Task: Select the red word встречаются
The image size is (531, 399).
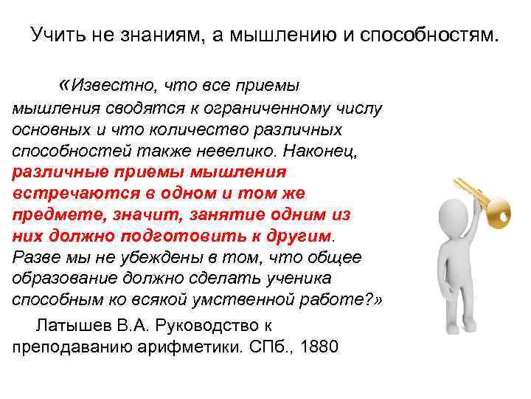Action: (65, 193)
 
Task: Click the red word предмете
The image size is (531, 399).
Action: (51, 214)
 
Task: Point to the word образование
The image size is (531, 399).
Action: (62, 279)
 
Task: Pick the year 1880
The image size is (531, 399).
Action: (319, 347)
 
